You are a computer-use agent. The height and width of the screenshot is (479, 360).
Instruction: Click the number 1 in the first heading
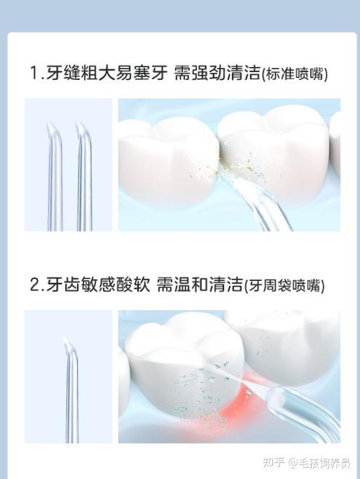pyautogui.click(x=34, y=73)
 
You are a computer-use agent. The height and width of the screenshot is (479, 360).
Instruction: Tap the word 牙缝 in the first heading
pyautogui.click(x=64, y=73)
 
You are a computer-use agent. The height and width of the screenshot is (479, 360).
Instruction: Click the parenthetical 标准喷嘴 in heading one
pyautogui.click(x=294, y=74)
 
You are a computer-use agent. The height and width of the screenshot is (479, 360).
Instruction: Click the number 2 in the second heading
pyautogui.click(x=34, y=284)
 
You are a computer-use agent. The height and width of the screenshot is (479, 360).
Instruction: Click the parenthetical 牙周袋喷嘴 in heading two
pyautogui.click(x=284, y=286)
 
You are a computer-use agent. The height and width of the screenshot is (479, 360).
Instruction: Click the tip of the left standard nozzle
pyautogui.click(x=48, y=123)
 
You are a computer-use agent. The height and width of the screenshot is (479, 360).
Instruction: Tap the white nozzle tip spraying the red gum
pyautogui.click(x=276, y=397)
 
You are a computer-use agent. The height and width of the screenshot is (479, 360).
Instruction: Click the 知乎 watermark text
pyautogui.click(x=274, y=462)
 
